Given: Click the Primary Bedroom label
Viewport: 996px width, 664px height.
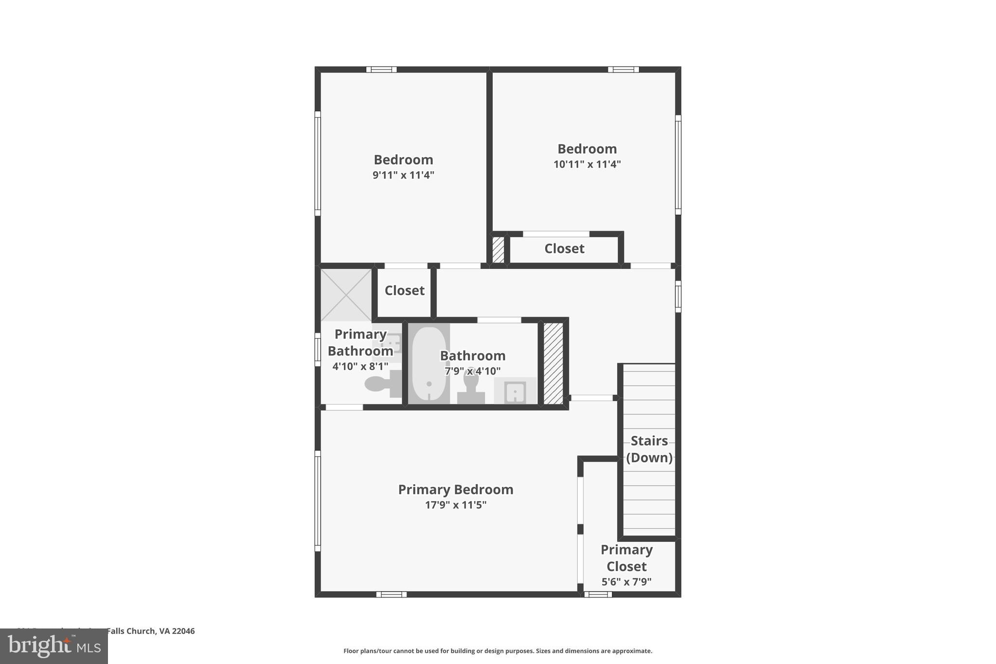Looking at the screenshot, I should [456, 489].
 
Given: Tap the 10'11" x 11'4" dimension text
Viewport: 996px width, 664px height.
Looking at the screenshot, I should [587, 164].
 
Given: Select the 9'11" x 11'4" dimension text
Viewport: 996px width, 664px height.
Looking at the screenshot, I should [403, 175].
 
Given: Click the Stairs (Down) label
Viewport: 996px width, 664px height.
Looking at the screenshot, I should [649, 449].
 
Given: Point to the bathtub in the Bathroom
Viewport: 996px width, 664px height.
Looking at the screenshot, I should [428, 364].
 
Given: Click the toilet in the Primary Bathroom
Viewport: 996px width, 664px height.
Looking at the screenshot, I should [382, 384].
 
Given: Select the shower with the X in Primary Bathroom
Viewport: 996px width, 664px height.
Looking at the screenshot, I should [346, 295].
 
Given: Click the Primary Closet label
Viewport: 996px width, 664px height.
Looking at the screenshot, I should [626, 558].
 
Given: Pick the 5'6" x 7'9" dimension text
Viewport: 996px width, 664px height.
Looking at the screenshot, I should [626, 582].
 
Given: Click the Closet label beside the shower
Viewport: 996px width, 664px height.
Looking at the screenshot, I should [404, 291].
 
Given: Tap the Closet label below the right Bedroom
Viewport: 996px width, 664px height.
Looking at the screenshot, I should [564, 249].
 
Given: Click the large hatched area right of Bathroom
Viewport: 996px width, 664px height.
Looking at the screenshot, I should [553, 363].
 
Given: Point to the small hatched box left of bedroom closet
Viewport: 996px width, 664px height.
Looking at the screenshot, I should [498, 250].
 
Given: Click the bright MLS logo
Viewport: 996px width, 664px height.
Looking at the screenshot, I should [54, 646].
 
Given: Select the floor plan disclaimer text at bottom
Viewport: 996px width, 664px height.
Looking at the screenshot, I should [498, 651].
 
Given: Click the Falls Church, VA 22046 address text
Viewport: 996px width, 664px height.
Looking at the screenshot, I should [150, 631].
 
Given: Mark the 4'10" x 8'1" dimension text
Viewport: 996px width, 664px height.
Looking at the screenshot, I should [360, 366].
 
